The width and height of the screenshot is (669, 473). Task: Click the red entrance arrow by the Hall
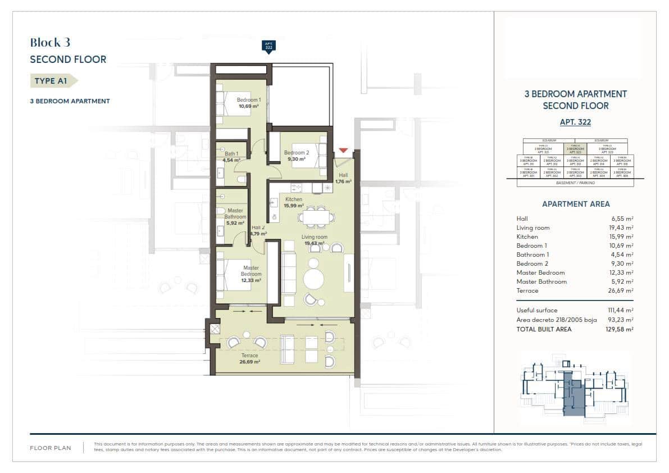click(343, 151)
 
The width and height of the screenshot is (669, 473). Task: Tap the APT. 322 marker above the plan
click(268, 46)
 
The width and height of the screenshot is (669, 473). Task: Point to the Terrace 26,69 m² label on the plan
click(249, 359)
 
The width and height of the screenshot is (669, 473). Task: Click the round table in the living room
click(314, 279)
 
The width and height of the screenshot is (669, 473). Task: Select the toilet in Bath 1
click(241, 179)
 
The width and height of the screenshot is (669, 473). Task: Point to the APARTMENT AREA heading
click(575, 204)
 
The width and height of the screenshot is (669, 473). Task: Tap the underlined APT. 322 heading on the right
click(575, 122)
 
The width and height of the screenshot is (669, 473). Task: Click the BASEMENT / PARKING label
click(575, 183)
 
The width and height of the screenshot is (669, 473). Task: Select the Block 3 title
click(50, 43)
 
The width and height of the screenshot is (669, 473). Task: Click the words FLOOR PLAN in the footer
click(51, 448)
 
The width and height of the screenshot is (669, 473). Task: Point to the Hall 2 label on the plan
click(258, 230)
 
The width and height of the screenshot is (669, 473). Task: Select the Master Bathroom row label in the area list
click(541, 281)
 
